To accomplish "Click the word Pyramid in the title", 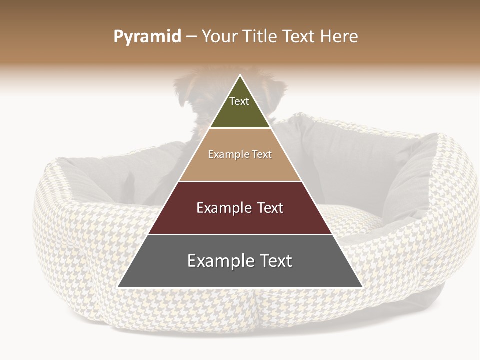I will coord(147,37).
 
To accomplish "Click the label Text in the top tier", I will coord(239,101).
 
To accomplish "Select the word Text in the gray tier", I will coord(273,261).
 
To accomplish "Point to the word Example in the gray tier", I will coord(218,261).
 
